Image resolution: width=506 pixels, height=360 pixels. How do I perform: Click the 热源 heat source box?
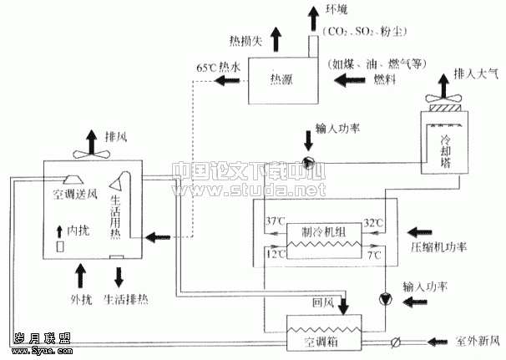282,79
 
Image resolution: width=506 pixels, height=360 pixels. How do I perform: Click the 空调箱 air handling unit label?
321,343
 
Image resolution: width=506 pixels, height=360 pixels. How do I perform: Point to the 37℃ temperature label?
275,224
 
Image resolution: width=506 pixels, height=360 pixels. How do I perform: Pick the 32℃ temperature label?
372,224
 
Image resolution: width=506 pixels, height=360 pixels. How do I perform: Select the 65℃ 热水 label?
220,66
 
